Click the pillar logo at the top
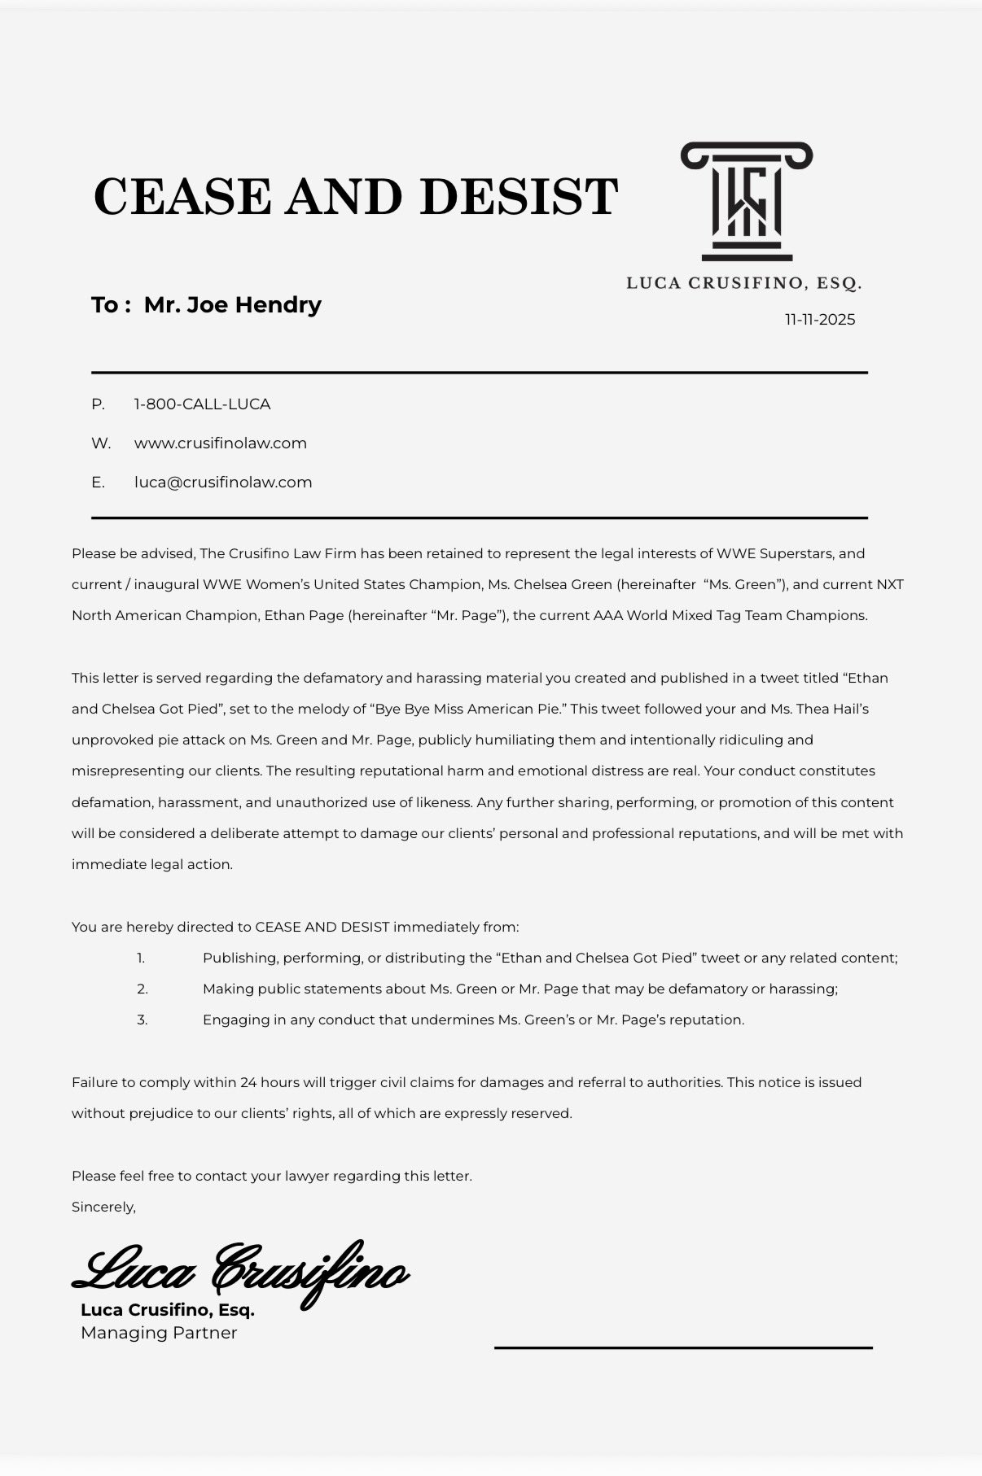(x=747, y=202)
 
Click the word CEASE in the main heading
(x=182, y=197)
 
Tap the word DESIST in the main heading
(x=519, y=197)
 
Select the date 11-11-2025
(x=820, y=320)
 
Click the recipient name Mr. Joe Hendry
(x=233, y=305)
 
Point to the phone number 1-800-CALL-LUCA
(x=202, y=404)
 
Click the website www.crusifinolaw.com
(x=221, y=443)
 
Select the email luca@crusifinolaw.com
(x=223, y=483)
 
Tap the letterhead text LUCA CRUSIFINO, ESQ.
(x=743, y=284)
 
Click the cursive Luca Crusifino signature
(x=241, y=1270)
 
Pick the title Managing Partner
(x=159, y=1333)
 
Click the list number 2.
(x=142, y=989)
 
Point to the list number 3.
(x=142, y=1020)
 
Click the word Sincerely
(x=103, y=1207)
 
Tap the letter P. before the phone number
(x=98, y=404)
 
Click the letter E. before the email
(x=98, y=483)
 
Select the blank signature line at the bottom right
(x=683, y=1348)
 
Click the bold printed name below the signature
(x=168, y=1310)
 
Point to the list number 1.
(x=141, y=959)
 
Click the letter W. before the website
(x=101, y=443)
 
